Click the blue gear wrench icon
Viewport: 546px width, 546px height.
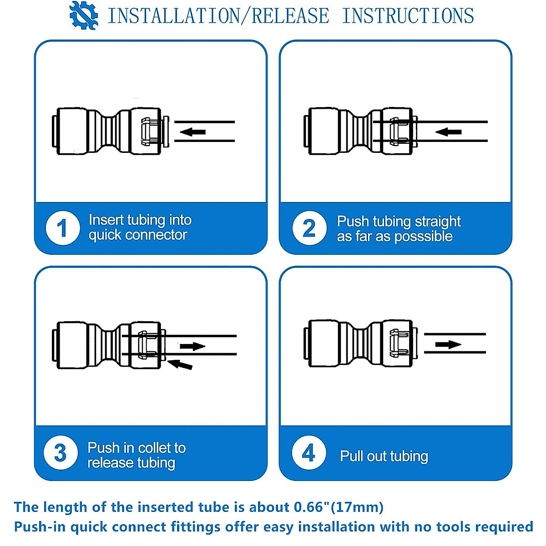tap(84, 15)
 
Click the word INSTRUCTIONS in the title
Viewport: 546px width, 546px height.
tap(408, 16)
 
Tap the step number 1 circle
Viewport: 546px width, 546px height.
tap(63, 228)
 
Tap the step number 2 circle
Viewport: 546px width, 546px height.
tap(309, 228)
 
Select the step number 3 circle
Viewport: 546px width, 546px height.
tap(61, 453)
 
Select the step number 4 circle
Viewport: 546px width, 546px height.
tap(309, 453)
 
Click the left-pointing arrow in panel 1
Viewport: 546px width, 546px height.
tap(192, 132)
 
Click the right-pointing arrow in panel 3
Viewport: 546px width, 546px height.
tap(192, 346)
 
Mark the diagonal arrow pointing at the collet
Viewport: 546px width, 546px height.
tap(180, 364)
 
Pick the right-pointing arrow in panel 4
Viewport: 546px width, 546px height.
tap(448, 344)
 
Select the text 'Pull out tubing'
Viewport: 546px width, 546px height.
tap(384, 456)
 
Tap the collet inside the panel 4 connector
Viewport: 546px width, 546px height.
tap(399, 343)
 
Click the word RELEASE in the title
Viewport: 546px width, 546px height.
tap(290, 16)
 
